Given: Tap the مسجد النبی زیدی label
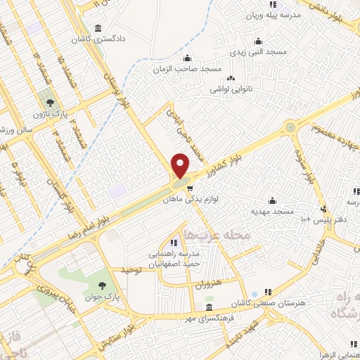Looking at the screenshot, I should tap(258, 53).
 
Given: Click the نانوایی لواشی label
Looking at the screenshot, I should tap(231, 91).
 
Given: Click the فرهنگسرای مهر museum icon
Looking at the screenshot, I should tap(209, 309).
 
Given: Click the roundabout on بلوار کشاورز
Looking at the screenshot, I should tap(290, 127).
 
